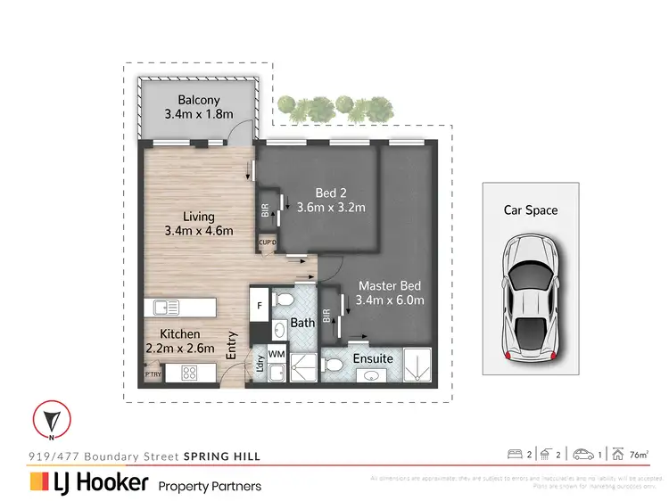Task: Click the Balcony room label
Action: coord(198,101)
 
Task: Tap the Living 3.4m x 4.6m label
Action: coord(198,223)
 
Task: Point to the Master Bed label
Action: coord(391,286)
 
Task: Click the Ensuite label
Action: coord(373,358)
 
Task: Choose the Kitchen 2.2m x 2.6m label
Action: coord(179,341)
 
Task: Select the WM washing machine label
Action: coord(277,353)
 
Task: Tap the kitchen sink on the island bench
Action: coord(167,308)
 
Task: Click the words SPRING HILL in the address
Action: coord(222,456)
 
